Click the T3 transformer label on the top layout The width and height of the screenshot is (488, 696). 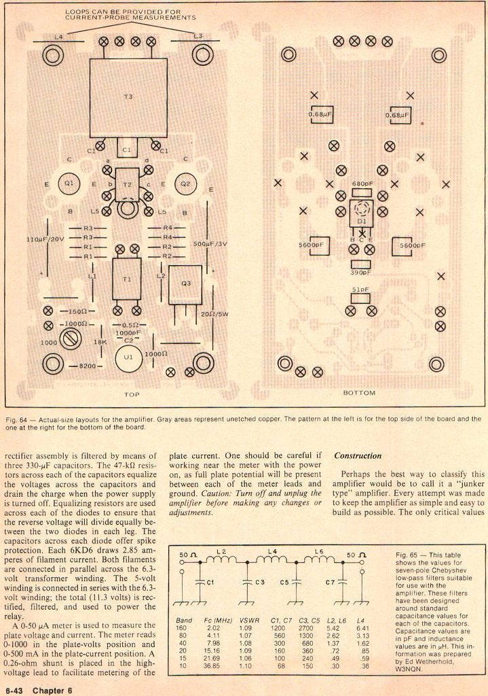(128, 97)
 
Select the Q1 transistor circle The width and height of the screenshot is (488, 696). (69, 184)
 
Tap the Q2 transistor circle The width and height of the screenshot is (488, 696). (185, 184)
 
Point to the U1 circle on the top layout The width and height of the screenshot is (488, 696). (128, 355)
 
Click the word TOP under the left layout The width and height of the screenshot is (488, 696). (131, 394)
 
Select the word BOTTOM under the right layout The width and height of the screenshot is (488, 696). (359, 393)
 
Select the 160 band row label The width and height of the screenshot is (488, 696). (180, 627)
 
